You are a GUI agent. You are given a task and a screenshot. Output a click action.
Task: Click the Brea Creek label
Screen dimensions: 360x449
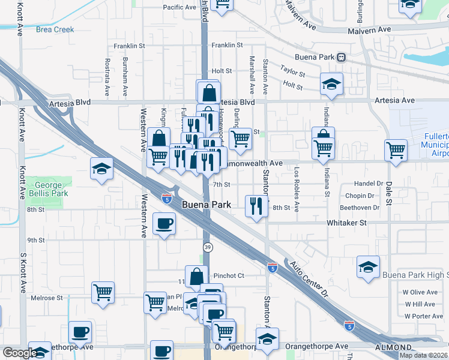click(x=55, y=29)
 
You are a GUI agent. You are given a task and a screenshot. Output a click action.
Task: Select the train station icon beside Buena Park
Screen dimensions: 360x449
click(x=341, y=57)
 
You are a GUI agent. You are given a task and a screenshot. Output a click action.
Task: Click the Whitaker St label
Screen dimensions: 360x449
click(x=346, y=223)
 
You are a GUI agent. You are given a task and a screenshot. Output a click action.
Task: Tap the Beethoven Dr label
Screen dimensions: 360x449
click(x=360, y=208)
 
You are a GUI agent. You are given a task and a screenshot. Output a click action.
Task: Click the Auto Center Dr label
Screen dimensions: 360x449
click(x=310, y=279)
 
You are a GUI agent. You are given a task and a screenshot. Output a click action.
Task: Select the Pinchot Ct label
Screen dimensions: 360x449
click(x=229, y=276)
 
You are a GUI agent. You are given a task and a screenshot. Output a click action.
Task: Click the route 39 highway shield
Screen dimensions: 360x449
click(x=206, y=247)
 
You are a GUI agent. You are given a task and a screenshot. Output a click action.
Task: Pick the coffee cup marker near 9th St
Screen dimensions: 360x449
click(x=164, y=224)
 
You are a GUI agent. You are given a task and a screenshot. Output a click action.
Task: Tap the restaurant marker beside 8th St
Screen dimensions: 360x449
click(x=257, y=206)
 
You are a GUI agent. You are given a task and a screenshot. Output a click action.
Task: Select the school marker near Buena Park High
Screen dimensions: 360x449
click(x=369, y=266)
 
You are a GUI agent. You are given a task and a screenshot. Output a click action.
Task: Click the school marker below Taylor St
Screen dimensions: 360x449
click(x=331, y=85)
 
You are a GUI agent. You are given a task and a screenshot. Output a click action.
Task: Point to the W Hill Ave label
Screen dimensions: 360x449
click(x=420, y=304)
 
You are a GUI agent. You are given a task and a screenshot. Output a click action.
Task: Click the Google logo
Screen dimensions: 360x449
click(x=20, y=353)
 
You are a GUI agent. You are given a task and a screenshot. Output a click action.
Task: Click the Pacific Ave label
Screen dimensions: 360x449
click(x=179, y=8)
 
